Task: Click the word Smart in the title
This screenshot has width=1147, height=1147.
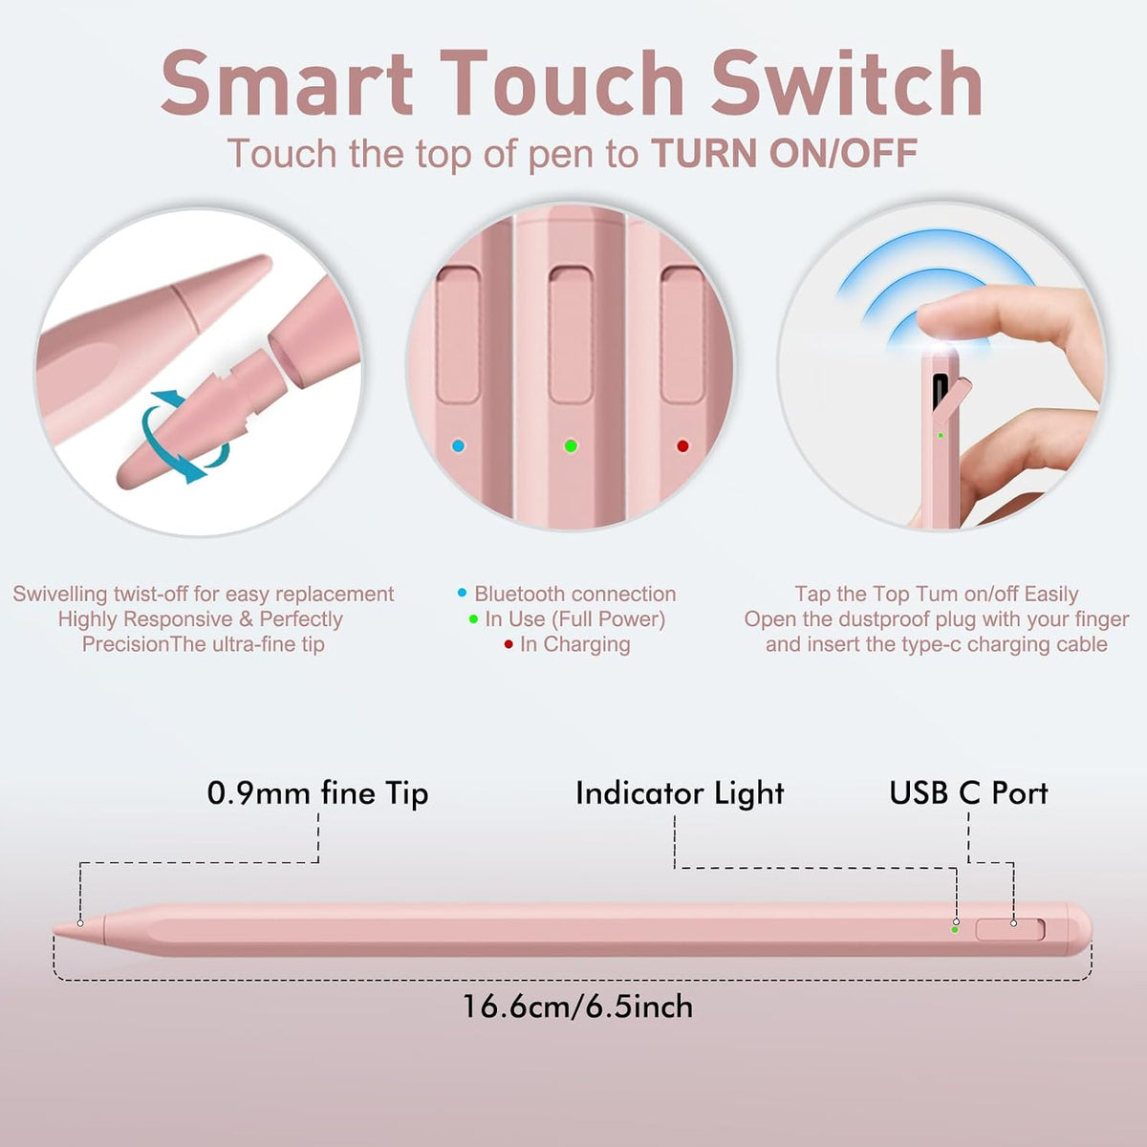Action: (x=287, y=83)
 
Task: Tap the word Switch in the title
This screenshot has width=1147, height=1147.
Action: (x=847, y=83)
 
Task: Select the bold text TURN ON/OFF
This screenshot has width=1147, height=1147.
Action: (x=784, y=153)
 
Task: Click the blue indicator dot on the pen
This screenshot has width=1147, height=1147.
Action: (x=458, y=445)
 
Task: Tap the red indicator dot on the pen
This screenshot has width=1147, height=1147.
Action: (x=682, y=445)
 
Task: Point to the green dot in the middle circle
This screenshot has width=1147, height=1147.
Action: (x=571, y=445)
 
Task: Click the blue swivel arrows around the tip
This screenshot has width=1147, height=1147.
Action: (x=184, y=438)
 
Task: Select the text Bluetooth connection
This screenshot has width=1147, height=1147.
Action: (x=575, y=594)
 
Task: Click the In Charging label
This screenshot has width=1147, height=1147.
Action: (x=575, y=644)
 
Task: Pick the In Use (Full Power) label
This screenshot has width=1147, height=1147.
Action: (x=575, y=619)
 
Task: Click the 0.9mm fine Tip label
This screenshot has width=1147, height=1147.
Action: (x=318, y=792)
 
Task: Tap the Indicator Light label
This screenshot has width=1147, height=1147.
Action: (x=680, y=792)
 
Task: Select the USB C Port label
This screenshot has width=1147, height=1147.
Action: (x=968, y=792)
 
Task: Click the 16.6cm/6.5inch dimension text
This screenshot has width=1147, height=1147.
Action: (x=577, y=1006)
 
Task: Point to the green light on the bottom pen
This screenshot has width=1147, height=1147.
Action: (x=955, y=930)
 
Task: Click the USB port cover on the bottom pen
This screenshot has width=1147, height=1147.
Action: (x=1010, y=930)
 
